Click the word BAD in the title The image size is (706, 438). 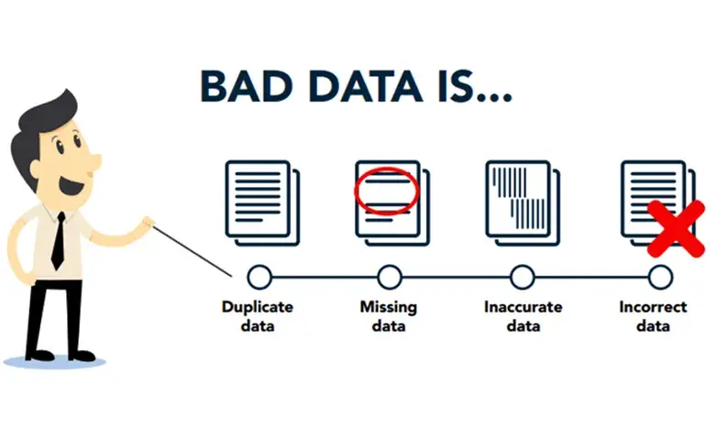[247, 85]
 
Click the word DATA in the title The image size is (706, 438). [365, 85]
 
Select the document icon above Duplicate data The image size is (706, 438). [262, 203]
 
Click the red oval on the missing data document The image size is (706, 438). [387, 191]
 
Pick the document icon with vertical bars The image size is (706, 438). [523, 203]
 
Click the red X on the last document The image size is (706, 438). [676, 229]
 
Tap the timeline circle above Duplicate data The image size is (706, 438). [259, 277]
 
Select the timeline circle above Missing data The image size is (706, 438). [390, 277]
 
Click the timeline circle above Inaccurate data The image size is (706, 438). [523, 277]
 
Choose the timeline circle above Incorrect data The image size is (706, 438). [660, 277]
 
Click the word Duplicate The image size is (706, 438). [258, 307]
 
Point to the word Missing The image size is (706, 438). [389, 308]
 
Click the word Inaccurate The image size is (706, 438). [524, 307]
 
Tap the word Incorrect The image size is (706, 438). [654, 307]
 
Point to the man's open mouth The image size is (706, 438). [72, 184]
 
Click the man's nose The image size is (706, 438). [94, 160]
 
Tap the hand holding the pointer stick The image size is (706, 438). [148, 224]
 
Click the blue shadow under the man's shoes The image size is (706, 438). [54, 362]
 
